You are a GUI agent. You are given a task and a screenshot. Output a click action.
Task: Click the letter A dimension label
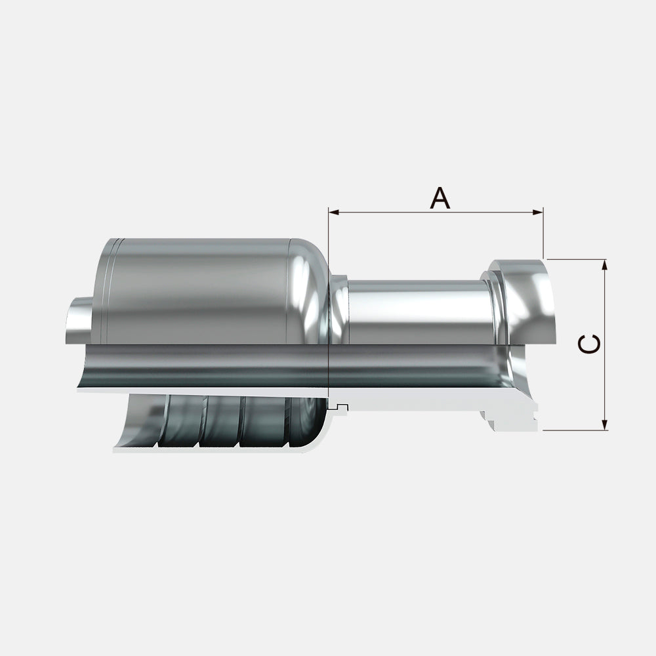click(x=440, y=198)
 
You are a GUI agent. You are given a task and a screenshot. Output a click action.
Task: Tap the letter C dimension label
click(x=589, y=344)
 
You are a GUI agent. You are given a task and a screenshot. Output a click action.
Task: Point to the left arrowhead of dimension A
click(x=334, y=213)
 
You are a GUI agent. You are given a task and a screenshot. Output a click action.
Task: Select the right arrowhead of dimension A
click(x=538, y=213)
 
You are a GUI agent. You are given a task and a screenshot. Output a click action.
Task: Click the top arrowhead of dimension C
click(x=604, y=265)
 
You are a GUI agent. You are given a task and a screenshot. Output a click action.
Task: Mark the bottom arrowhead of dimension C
click(x=604, y=424)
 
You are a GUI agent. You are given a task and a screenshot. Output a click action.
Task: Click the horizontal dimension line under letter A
click(x=436, y=213)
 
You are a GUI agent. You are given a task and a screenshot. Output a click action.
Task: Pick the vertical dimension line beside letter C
click(x=604, y=345)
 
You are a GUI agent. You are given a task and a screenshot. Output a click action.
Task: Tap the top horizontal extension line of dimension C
click(x=577, y=259)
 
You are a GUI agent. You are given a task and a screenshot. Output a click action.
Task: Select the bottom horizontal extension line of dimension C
click(x=575, y=430)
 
